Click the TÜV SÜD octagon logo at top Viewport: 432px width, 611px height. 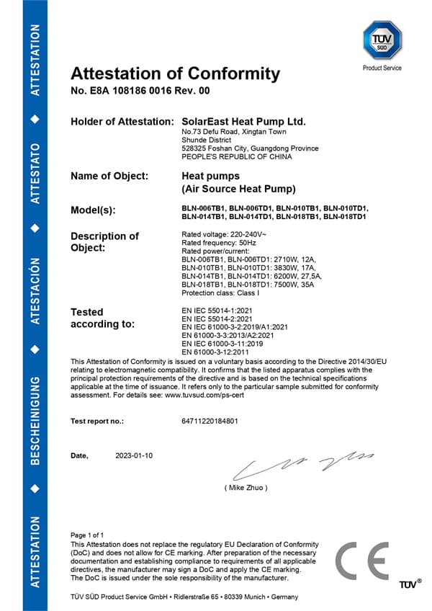[382, 40]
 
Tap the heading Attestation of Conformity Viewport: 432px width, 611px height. [175, 73]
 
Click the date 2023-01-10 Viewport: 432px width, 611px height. [134, 456]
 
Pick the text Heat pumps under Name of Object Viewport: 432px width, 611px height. [210, 176]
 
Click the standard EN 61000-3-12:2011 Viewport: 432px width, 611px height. [215, 352]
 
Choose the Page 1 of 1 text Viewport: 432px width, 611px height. [87, 535]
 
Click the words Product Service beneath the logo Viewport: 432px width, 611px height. [382, 68]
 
